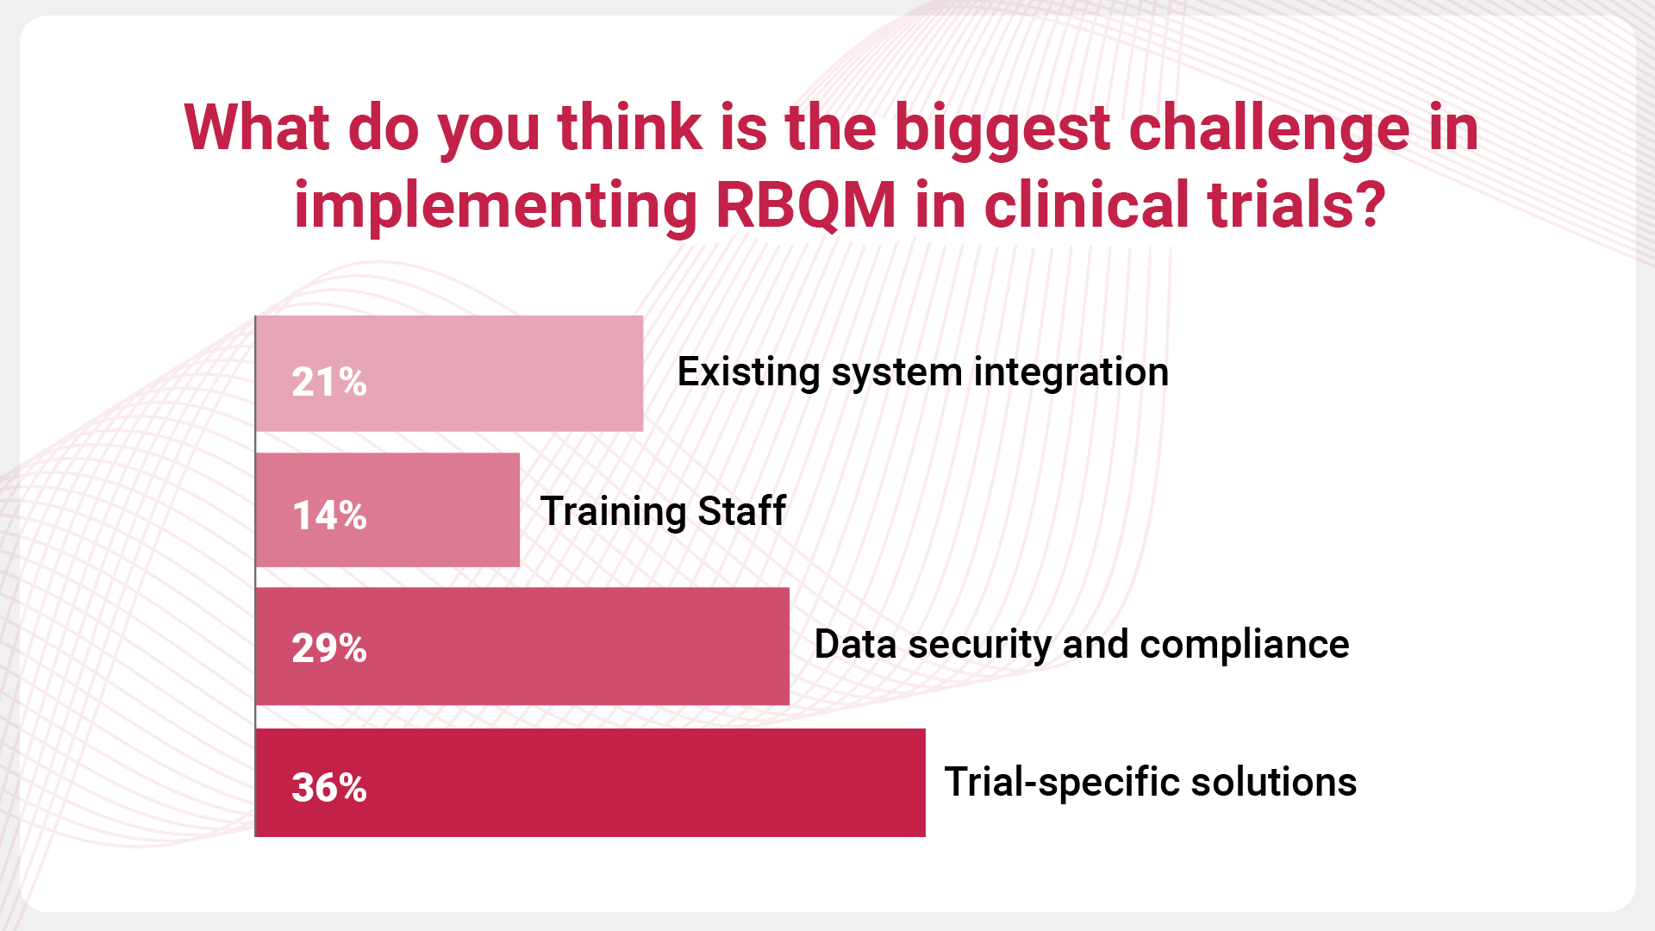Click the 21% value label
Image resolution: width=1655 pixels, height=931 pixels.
pos(329,382)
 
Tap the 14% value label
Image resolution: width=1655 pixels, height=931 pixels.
pos(329,515)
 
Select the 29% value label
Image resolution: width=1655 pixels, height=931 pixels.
pos(329,648)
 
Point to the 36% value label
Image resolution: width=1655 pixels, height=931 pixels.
pos(329,787)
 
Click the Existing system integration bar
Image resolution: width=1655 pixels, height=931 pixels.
pos(450,373)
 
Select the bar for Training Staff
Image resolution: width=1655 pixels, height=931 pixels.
pos(388,509)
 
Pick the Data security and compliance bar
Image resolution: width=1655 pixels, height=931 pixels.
pos(523,647)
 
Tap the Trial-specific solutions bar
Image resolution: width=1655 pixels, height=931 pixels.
pos(591,782)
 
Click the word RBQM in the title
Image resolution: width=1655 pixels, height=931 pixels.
pos(807,205)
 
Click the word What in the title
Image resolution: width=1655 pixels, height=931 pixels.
pos(257,128)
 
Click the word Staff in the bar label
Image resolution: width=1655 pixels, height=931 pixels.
pos(741,510)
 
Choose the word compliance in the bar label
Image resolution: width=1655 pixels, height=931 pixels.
pos(1245,645)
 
